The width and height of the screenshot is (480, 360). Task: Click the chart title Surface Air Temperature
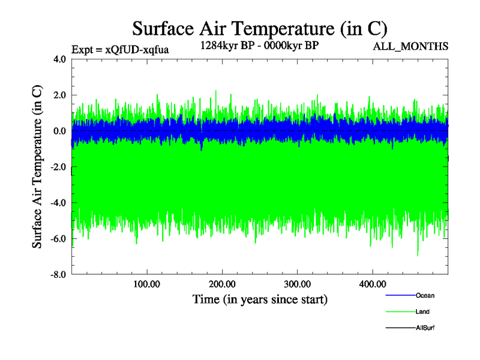[259, 28]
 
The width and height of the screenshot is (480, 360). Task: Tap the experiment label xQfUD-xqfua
[119, 50]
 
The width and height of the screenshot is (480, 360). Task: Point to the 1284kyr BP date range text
[259, 46]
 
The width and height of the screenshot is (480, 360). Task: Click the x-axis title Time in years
[259, 299]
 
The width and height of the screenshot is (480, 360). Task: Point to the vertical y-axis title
[37, 167]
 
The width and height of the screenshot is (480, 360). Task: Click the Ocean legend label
[425, 296]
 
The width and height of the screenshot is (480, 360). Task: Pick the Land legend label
[422, 312]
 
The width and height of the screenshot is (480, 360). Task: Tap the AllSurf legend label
[425, 328]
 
